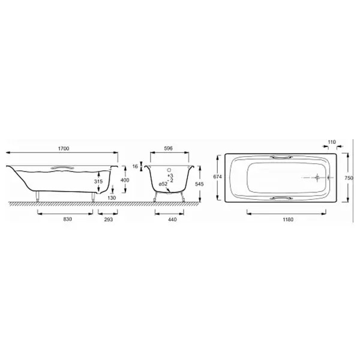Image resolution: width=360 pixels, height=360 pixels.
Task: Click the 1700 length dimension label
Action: [x=64, y=149]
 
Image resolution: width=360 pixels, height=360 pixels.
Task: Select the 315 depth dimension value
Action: [x=98, y=181]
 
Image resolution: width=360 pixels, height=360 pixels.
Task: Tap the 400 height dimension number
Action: [x=125, y=180]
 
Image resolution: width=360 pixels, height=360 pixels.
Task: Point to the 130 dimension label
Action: [x=112, y=197]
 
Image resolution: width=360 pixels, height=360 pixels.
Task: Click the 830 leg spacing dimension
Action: [x=67, y=219]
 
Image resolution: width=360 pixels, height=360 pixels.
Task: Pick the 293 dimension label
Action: [x=109, y=220]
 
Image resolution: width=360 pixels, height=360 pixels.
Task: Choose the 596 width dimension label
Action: [x=168, y=149]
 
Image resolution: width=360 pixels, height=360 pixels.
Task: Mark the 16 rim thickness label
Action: [x=136, y=166]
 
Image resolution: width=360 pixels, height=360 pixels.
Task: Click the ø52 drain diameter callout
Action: [x=163, y=184]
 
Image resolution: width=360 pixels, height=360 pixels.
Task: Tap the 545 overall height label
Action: [x=199, y=184]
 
